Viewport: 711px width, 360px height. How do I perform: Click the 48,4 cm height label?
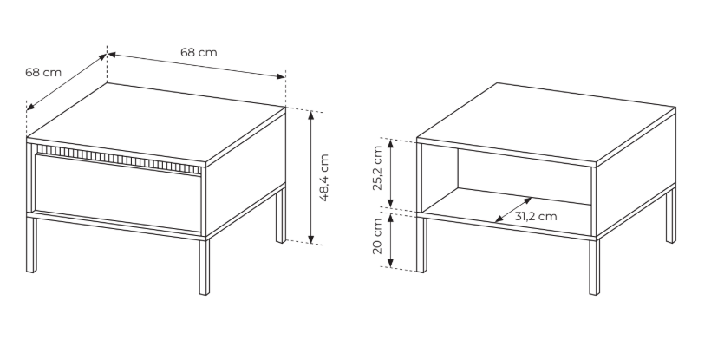[x=323, y=178]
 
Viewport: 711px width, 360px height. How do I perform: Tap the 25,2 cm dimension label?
[x=378, y=168]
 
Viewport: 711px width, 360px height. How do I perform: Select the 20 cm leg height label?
[x=378, y=236]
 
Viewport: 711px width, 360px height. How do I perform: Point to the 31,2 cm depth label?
[x=536, y=216]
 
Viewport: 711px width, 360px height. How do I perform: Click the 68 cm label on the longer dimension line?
[x=199, y=52]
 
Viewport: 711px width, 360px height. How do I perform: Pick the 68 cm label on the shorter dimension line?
[x=43, y=72]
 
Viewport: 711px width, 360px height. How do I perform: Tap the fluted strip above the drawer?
[x=119, y=159]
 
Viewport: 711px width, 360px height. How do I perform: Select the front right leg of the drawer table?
[x=204, y=266]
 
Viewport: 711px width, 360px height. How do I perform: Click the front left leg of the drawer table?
[x=31, y=245]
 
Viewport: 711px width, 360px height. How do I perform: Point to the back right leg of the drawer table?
[x=281, y=215]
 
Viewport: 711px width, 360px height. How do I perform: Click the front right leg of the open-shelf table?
[x=594, y=266]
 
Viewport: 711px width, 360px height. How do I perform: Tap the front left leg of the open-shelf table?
[x=421, y=245]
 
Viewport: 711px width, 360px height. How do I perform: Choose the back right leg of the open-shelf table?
[x=671, y=215]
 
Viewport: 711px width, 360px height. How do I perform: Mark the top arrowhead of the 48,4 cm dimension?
[x=310, y=115]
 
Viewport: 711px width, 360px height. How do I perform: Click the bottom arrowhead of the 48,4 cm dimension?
[x=311, y=239]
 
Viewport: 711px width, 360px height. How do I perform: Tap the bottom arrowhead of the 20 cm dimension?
[x=390, y=263]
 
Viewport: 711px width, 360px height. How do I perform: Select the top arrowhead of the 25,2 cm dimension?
[x=390, y=144]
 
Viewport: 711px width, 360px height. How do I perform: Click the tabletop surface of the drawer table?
[x=156, y=122]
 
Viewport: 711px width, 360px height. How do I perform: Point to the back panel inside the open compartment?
[x=525, y=177]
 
